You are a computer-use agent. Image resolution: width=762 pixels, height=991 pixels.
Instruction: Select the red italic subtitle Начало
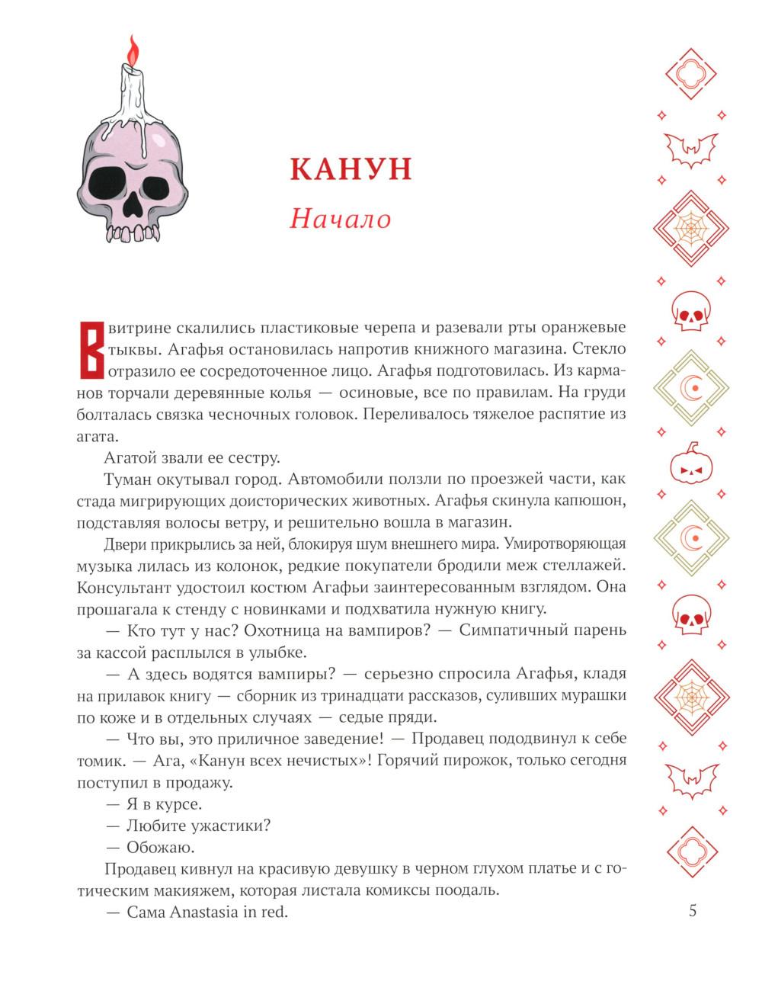tap(340, 219)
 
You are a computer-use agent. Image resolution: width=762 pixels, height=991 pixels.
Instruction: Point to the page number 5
tap(692, 911)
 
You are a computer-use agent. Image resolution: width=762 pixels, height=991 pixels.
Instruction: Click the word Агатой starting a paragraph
tap(130, 458)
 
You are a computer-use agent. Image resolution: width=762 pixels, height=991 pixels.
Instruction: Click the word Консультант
tap(126, 587)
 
